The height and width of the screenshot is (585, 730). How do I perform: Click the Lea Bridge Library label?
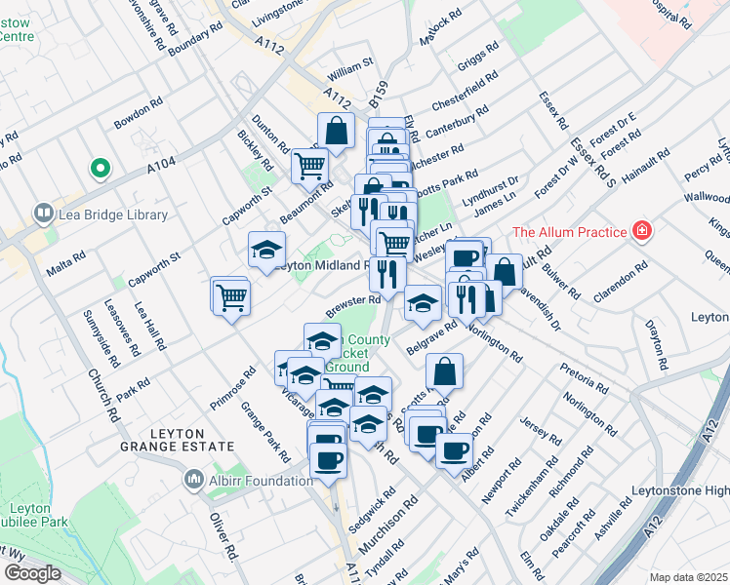click(x=113, y=214)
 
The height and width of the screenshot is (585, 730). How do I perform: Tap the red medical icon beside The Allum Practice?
click(x=641, y=231)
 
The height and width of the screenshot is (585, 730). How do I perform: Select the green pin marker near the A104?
click(x=99, y=170)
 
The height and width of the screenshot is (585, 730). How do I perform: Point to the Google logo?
click(x=32, y=572)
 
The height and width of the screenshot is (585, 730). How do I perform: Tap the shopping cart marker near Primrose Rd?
click(x=232, y=295)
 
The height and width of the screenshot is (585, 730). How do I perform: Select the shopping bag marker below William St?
click(x=336, y=131)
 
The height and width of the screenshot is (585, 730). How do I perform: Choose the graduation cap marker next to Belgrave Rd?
click(x=424, y=302)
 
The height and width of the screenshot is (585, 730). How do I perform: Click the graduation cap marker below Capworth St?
click(x=265, y=250)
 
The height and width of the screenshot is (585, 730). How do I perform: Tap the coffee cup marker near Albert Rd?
click(x=454, y=449)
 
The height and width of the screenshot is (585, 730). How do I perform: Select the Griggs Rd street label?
click(x=478, y=56)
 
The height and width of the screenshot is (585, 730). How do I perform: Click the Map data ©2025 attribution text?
click(x=689, y=577)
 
